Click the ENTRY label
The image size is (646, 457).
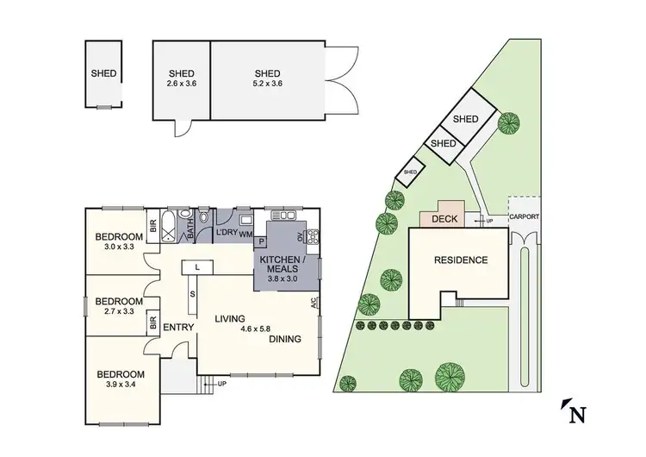pyautogui.click(x=178, y=326)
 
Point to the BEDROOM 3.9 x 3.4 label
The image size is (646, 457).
pyautogui.click(x=121, y=379)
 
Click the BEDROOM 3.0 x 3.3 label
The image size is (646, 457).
pyautogui.click(x=119, y=241)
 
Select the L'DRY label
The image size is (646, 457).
pyautogui.click(x=226, y=233)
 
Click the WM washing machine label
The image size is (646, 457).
pyautogui.click(x=245, y=234)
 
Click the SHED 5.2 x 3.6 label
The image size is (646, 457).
pyautogui.click(x=267, y=78)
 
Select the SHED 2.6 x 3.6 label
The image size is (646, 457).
pyautogui.click(x=181, y=78)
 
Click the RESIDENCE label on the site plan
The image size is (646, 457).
pyautogui.click(x=460, y=260)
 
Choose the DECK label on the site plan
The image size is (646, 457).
pyautogui.click(x=444, y=219)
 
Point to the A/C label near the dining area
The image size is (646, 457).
pyautogui.click(x=314, y=303)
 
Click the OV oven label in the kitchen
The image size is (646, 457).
pyautogui.click(x=301, y=236)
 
